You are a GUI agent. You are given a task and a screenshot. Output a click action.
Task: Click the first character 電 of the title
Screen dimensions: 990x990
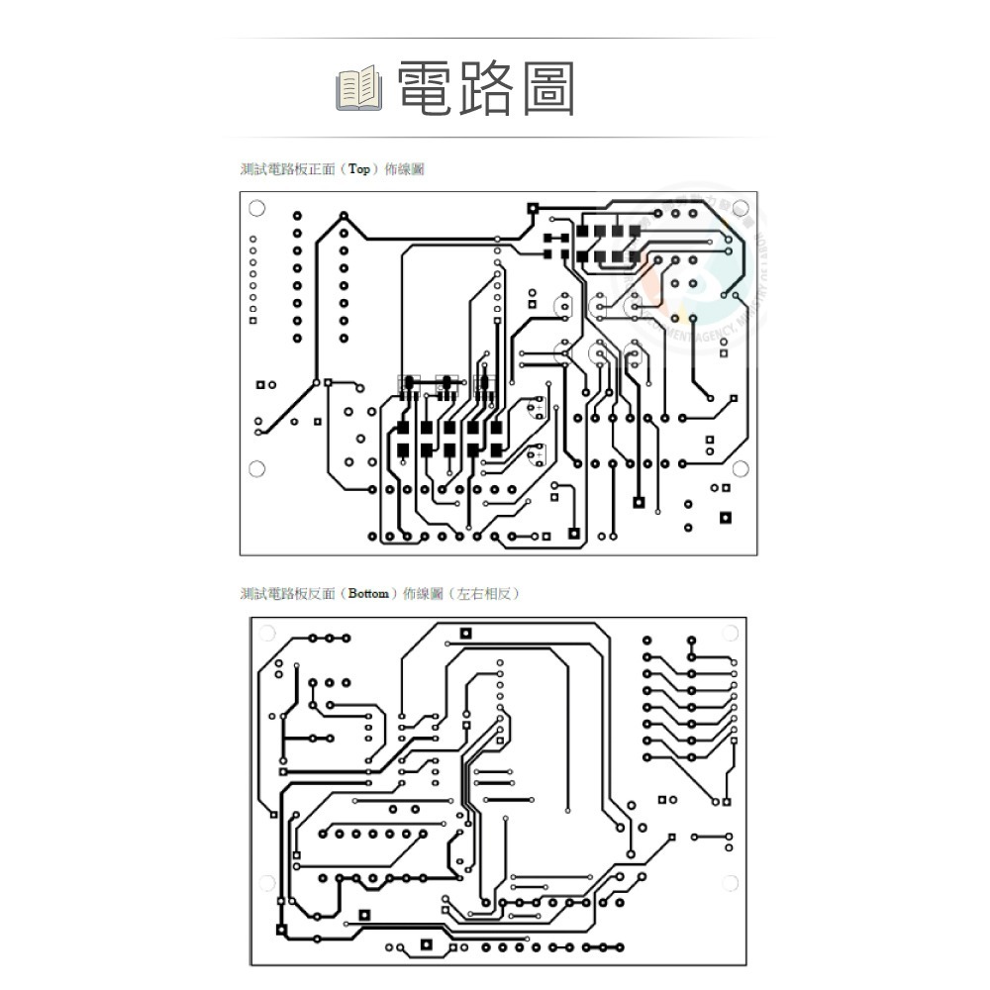[x=425, y=88]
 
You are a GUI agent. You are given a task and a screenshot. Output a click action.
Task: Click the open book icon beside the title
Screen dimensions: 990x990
[x=358, y=88]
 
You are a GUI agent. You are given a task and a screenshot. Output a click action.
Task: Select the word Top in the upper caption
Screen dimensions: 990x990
[x=359, y=169]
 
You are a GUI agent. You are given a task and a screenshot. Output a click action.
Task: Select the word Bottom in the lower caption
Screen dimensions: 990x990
[x=368, y=594]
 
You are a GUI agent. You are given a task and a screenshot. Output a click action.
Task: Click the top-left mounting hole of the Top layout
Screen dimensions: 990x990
[x=256, y=208]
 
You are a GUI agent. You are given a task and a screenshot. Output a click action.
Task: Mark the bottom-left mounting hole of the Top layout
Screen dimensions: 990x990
[x=256, y=468]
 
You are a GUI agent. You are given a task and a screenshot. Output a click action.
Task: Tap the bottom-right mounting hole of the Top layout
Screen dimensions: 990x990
[x=740, y=468]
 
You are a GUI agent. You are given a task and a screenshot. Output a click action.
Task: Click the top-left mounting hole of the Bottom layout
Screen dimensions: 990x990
[x=266, y=634]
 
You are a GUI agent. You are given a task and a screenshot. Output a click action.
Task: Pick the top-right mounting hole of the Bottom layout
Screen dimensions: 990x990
[x=730, y=634]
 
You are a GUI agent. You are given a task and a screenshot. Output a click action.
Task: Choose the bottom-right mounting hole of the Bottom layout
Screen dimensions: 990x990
[x=730, y=883]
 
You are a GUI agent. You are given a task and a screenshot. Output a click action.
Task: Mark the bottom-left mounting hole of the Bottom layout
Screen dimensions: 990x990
[x=266, y=883]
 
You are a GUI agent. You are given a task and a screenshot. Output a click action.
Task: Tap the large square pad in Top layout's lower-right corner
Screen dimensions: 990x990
[x=726, y=517]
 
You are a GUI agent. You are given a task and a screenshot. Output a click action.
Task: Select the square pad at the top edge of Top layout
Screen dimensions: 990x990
[x=533, y=208]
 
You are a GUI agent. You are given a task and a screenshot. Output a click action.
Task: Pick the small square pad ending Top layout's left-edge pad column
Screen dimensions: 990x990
[x=252, y=321]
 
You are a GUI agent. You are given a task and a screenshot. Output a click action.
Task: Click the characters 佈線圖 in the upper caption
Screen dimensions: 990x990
[x=404, y=169]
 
